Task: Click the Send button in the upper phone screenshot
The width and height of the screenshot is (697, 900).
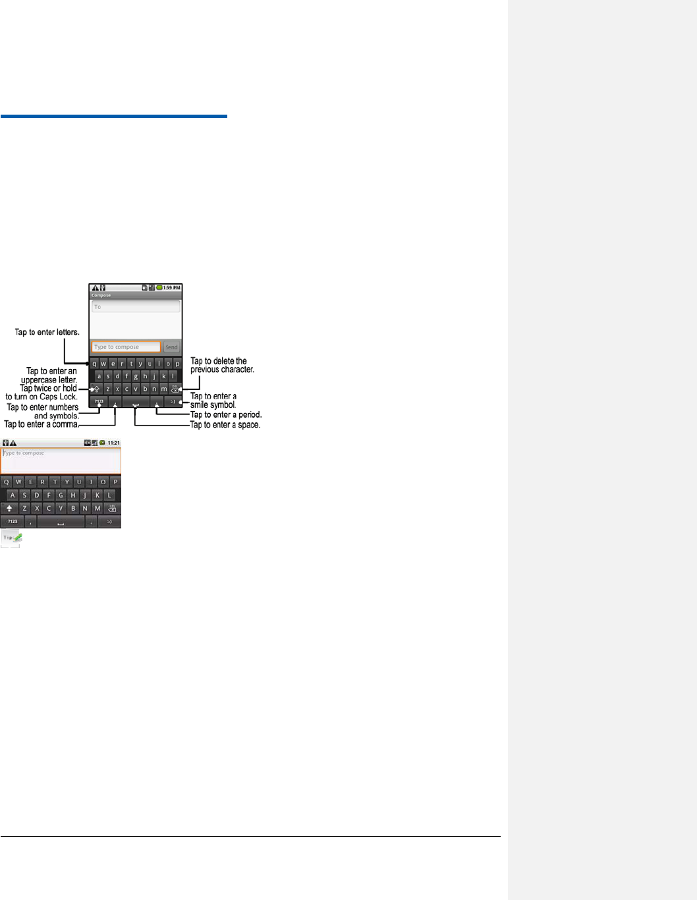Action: pos(171,347)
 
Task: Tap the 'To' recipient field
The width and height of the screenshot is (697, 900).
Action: pos(135,307)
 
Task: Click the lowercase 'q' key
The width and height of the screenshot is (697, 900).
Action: pos(94,364)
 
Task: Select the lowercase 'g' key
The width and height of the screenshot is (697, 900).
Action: pos(136,376)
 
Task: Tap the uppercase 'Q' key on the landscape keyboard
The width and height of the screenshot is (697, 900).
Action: pos(7,482)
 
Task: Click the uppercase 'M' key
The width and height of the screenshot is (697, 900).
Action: pos(97,509)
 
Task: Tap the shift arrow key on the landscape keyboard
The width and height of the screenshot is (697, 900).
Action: pos(9,509)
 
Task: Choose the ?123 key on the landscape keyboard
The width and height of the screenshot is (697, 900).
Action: pos(13,522)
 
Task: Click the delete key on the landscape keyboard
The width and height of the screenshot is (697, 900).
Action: pos(112,509)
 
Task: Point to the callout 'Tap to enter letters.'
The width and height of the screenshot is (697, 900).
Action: pos(47,333)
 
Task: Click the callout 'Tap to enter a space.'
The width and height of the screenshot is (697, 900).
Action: pos(225,425)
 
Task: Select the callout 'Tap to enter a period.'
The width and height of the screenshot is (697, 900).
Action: pos(226,415)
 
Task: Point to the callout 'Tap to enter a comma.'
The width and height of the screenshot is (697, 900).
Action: pos(42,425)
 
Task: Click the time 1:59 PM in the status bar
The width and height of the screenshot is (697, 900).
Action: pos(172,288)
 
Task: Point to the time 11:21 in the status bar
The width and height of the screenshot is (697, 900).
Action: pos(114,443)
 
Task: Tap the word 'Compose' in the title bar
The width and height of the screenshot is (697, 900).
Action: pos(101,295)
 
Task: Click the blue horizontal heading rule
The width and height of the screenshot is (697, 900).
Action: pos(113,116)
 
